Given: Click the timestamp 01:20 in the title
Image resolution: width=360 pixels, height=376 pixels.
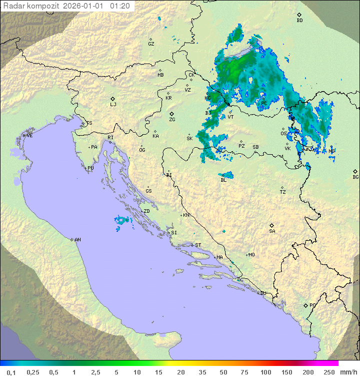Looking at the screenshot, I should coord(120,6).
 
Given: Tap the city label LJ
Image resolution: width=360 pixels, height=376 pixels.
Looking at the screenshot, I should coord(113,105).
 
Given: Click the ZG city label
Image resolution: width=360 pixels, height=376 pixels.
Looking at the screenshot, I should coord(172,120).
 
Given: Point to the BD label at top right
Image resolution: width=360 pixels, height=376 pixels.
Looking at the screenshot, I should coord(299,21).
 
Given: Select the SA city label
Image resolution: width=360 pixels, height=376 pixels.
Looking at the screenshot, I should coord(272,231).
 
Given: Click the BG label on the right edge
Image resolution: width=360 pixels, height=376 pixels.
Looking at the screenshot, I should coord(355,177).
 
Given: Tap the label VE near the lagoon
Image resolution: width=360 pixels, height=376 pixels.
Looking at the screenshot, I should coord(29,136).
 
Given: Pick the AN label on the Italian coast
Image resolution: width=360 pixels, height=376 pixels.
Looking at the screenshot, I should coord(77,240).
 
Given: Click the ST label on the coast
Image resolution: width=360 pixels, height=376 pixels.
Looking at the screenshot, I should coord(198,245).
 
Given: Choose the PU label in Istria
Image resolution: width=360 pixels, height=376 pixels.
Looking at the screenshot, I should coord(90,168).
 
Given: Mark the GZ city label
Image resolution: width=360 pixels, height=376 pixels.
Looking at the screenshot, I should coord(151,44).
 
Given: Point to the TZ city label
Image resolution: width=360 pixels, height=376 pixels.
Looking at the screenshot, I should coord(283,192).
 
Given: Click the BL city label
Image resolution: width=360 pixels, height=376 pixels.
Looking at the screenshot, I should coord(223,180).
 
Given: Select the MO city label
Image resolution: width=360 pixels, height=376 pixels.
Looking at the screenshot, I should coord(251,255).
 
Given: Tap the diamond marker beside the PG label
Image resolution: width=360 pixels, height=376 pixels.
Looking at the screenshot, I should coord(305,305).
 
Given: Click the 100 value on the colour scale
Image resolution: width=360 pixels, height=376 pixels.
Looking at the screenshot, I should coord(265,372).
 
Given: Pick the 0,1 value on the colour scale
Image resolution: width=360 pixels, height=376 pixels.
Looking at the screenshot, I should coord(11,372).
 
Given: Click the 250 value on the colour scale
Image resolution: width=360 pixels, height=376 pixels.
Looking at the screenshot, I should coord(329,372).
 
